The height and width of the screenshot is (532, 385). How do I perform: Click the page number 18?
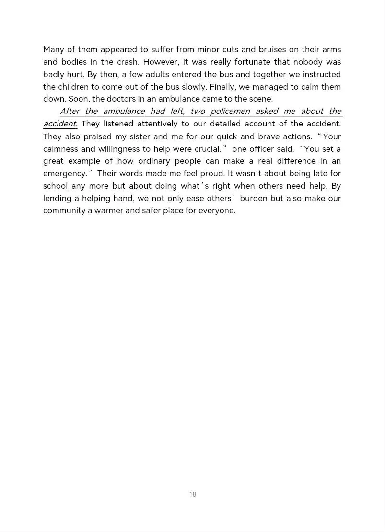click(192, 494)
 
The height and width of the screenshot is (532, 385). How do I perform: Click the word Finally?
click(222, 87)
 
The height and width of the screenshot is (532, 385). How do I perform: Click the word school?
click(55, 186)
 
